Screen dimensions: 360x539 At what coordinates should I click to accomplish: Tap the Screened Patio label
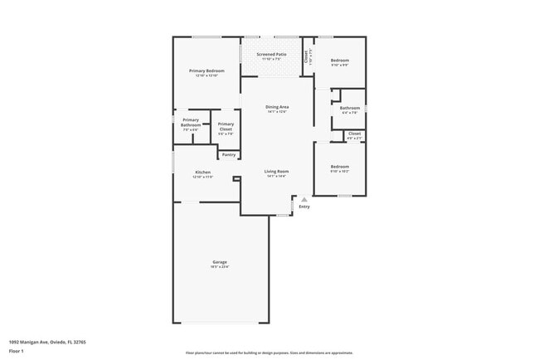pos(271,55)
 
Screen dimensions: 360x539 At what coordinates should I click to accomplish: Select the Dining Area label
pos(277,107)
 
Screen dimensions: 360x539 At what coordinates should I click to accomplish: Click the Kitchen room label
pos(202,172)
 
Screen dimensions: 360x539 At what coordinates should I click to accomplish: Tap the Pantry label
pos(229,154)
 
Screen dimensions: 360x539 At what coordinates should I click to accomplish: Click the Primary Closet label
pos(226,126)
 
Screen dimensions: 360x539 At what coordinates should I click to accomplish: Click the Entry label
pos(304,207)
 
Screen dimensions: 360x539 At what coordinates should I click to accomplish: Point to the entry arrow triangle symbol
pos(304,199)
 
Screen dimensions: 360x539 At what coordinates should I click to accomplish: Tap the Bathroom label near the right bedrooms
pos(350,108)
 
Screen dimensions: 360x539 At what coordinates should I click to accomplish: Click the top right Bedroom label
pos(340,61)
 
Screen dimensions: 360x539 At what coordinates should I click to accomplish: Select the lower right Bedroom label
pos(340,167)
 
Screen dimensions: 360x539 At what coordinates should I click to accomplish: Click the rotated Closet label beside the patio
pos(306,56)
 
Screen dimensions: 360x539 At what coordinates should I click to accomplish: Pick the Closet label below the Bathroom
pos(354,134)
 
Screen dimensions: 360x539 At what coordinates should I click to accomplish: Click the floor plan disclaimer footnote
pos(269,352)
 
